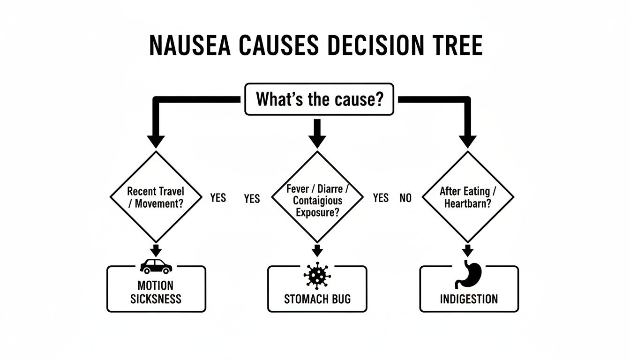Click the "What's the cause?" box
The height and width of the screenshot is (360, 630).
coord(319,99)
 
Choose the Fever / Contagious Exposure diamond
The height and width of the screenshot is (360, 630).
coord(317,197)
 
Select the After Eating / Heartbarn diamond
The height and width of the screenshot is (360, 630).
coord(468,197)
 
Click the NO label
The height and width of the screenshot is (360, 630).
coord(405,198)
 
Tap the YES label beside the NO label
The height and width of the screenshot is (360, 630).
coord(381,198)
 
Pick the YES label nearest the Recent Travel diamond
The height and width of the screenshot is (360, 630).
coord(218,198)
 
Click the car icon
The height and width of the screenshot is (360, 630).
coord(156,266)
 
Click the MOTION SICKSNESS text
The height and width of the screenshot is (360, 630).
coord(156,292)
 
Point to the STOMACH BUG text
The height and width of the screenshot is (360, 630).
coord(317,299)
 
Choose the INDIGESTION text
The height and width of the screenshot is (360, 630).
coord(469,299)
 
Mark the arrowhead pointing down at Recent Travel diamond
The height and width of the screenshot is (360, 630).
coord(156,141)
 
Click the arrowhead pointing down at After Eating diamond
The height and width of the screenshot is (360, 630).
coord(467,141)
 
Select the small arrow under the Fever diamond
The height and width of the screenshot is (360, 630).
coord(317,250)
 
